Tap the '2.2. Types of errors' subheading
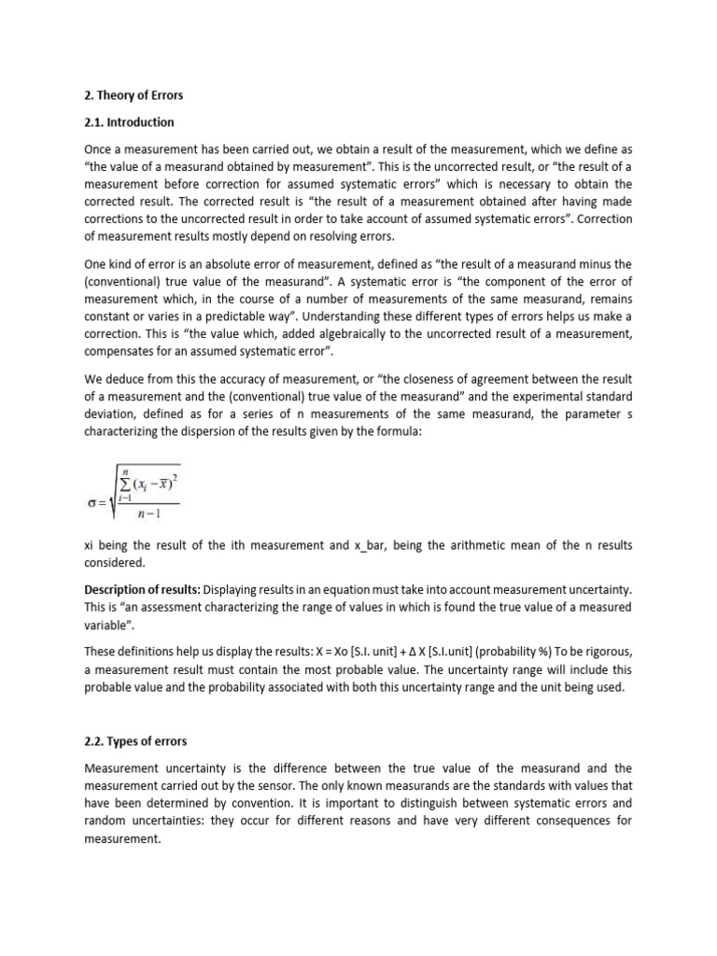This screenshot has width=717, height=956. tap(135, 741)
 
